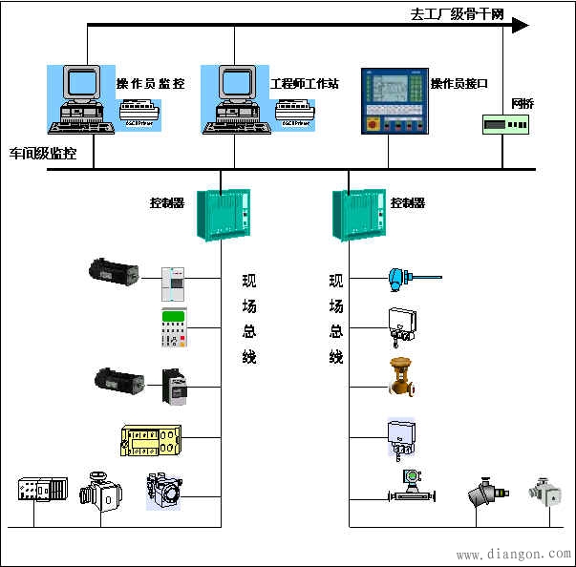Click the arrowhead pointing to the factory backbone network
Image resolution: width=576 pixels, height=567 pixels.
click(x=519, y=26)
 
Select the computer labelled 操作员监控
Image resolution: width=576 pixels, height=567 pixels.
click(x=80, y=98)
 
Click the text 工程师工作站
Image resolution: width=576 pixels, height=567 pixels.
click(x=305, y=84)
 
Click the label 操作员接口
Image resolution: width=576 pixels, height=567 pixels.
click(x=459, y=84)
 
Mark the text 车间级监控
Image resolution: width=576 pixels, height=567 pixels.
click(x=43, y=153)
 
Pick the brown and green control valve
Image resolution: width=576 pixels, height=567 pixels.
click(x=401, y=376)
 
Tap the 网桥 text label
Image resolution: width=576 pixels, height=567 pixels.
click(x=523, y=103)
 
